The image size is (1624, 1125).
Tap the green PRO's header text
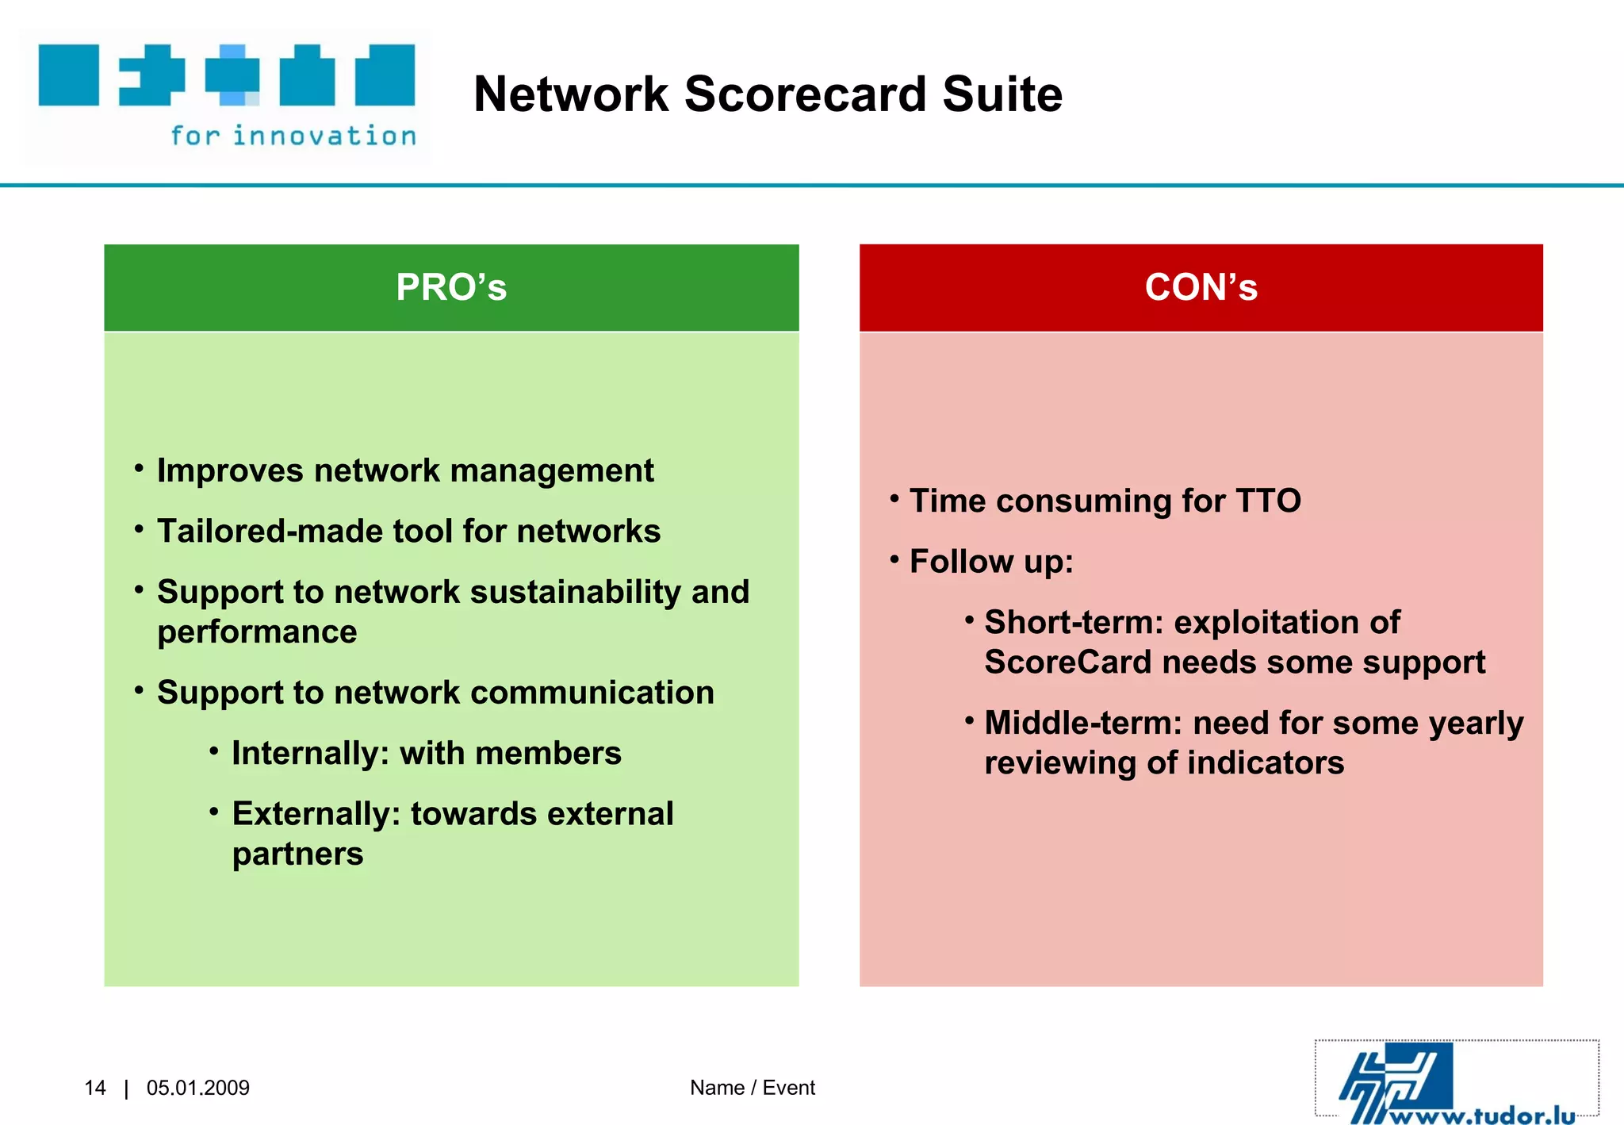[451, 287]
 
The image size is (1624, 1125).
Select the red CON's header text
[1201, 287]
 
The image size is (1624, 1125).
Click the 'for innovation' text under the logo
[293, 136]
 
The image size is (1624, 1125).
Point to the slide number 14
[95, 1088]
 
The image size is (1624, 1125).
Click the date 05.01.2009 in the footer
[198, 1088]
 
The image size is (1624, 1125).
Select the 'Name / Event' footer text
[752, 1088]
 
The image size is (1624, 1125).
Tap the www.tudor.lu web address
[1483, 1115]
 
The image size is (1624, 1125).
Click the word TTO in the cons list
[1268, 501]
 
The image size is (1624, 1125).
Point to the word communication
[603, 693]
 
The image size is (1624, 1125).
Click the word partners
[297, 854]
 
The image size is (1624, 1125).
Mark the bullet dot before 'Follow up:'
[894, 560]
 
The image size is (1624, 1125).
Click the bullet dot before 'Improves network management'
[139, 469]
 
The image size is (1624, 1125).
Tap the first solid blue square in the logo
[69, 75]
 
